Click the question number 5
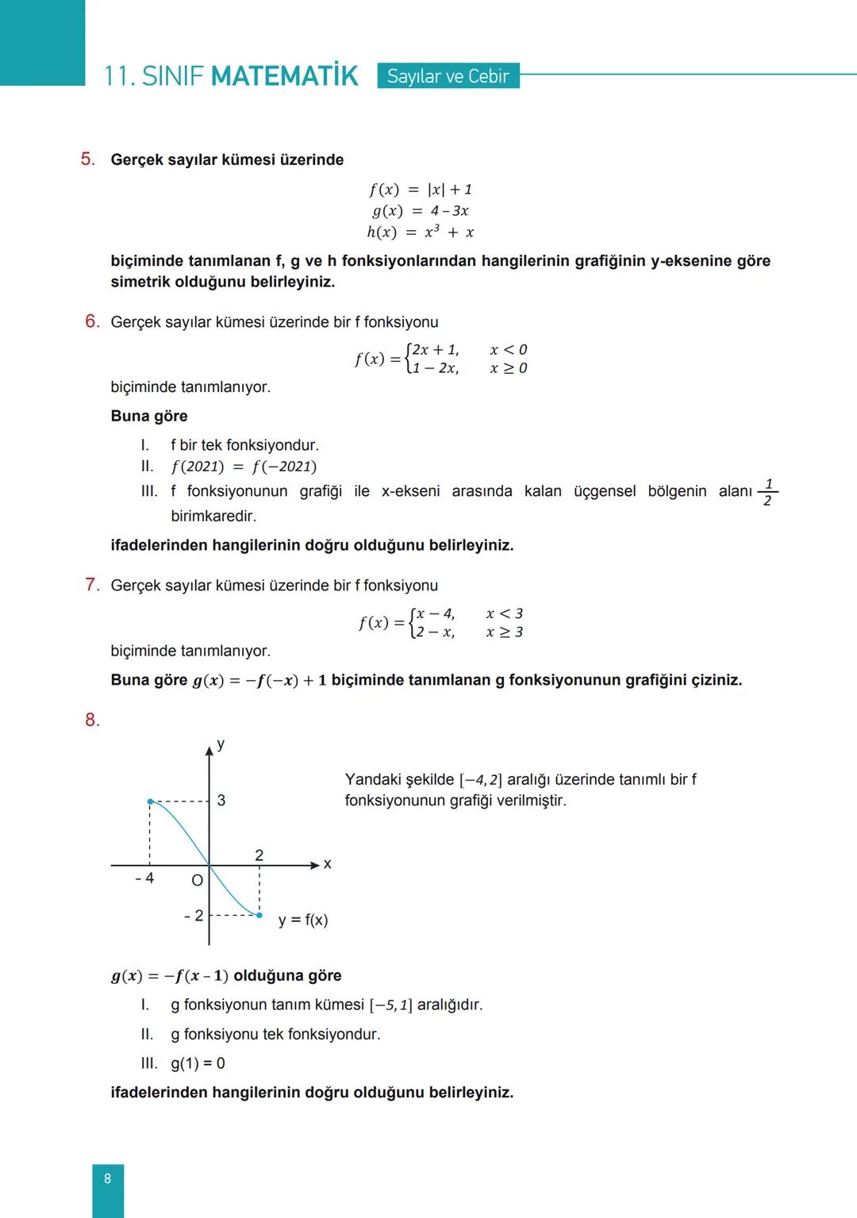click(87, 159)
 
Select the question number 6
click(92, 321)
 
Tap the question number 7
click(92, 585)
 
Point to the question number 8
click(92, 720)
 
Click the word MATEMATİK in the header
click(285, 76)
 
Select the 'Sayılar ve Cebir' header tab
click(448, 76)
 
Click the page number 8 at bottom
click(108, 1178)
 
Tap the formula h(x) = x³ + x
click(420, 232)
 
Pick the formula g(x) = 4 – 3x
click(420, 210)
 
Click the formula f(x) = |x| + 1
click(420, 189)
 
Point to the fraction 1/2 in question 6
click(767, 492)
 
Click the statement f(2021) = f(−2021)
click(244, 467)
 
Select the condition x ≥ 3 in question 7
click(505, 632)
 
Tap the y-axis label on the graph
click(221, 743)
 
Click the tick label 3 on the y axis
click(221, 801)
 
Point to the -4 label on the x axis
click(144, 878)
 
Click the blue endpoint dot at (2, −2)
click(259, 915)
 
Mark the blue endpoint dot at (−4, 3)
click(150, 801)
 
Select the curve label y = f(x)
click(303, 920)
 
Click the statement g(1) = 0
click(198, 1063)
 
